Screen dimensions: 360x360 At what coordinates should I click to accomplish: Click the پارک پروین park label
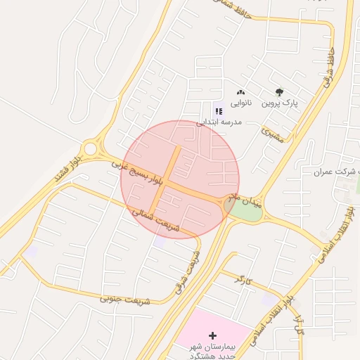point(281,103)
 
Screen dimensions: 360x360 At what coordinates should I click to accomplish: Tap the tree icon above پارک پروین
point(281,92)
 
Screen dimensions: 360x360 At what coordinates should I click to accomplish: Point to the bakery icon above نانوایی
point(241,92)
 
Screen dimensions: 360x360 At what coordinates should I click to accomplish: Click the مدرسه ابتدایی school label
point(218,122)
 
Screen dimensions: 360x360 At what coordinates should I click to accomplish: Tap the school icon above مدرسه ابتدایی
point(217,110)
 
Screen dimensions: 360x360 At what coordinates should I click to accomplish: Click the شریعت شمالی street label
point(156,220)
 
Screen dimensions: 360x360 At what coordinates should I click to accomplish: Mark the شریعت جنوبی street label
point(126,300)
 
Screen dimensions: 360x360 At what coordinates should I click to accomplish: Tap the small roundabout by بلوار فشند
point(90,148)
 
